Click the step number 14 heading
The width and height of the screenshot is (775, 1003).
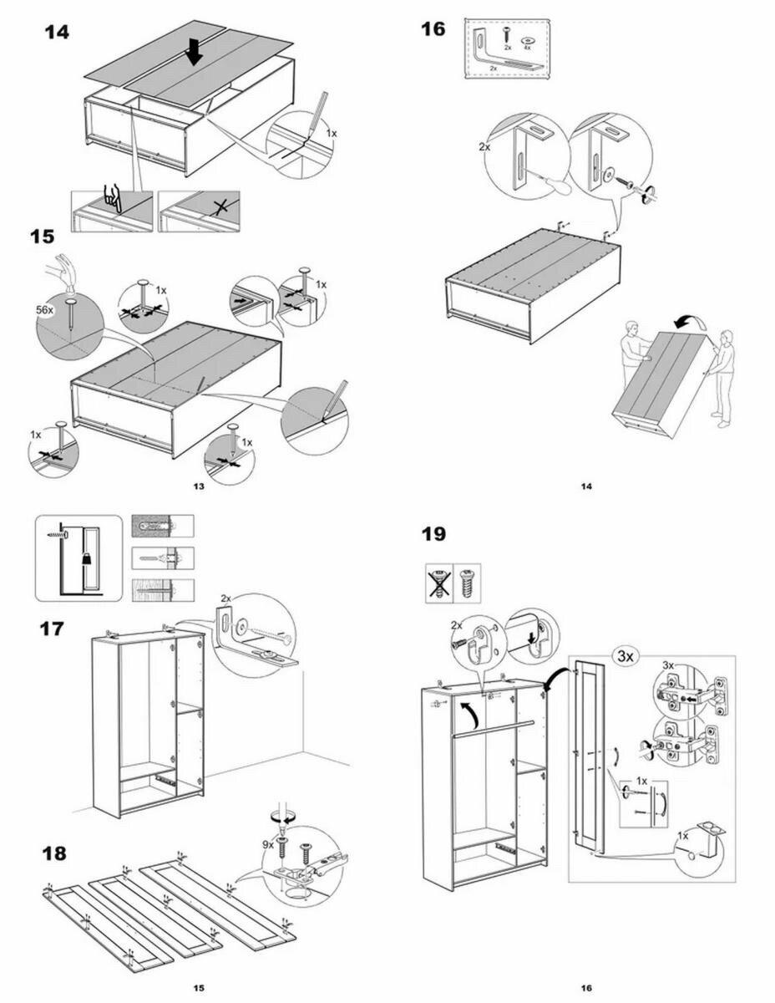click(x=57, y=33)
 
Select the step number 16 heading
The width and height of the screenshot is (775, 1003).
click(x=433, y=30)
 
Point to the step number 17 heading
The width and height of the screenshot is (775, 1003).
click(x=52, y=628)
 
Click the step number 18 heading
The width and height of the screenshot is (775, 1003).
click(x=52, y=853)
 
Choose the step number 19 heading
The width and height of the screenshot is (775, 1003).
click(x=433, y=533)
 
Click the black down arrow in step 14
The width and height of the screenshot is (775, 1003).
click(x=194, y=52)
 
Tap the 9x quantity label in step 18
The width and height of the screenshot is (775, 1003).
click(x=268, y=845)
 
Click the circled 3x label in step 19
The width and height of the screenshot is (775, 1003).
click(x=624, y=656)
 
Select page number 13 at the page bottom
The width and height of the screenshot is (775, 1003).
click(x=198, y=486)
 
